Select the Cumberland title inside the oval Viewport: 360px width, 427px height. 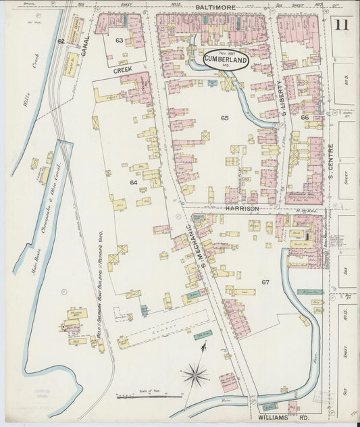pyautogui.click(x=225, y=59)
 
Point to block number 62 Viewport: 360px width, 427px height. pyautogui.click(x=61, y=42)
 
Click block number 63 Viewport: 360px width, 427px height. pyautogui.click(x=120, y=41)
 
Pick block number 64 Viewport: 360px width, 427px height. pyautogui.click(x=134, y=182)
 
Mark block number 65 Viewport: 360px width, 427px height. pyautogui.click(x=224, y=118)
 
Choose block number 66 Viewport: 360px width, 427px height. pyautogui.click(x=305, y=118)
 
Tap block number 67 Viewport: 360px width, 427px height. pyautogui.click(x=265, y=281)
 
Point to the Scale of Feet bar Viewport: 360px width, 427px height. pyautogui.click(x=149, y=396)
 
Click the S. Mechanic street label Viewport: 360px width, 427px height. pyautogui.click(x=195, y=248)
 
